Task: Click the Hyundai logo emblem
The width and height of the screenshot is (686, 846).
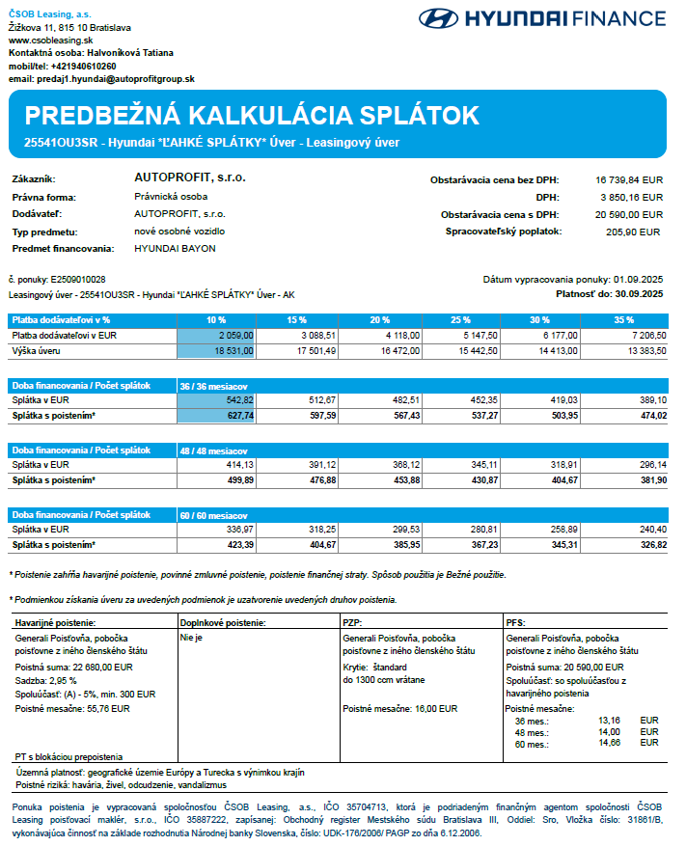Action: pos(439,18)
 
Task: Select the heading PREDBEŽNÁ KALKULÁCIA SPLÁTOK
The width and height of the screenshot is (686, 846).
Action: pos(252,116)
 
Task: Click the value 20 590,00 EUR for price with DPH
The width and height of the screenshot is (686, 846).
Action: pos(629,214)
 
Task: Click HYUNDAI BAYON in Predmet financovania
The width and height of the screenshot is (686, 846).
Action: pos(175,249)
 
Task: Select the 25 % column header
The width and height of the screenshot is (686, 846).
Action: pos(461,319)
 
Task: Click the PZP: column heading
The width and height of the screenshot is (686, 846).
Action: pos(354,623)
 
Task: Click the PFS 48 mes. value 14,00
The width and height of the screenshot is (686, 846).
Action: pos(609,731)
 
